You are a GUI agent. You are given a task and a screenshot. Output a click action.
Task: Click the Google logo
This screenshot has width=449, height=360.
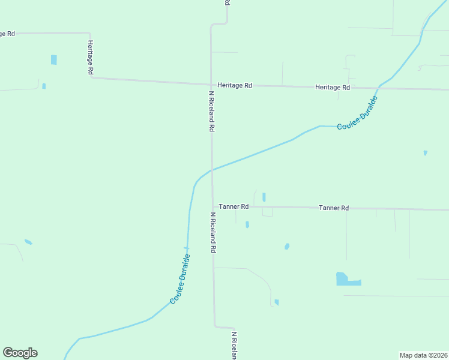click(20, 353)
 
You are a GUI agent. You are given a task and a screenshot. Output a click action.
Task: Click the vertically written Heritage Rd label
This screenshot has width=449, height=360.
click(91, 58)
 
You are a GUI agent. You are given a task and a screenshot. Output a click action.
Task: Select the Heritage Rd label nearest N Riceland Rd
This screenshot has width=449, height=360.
click(235, 86)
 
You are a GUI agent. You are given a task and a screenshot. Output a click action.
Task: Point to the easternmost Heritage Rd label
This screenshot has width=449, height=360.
click(333, 88)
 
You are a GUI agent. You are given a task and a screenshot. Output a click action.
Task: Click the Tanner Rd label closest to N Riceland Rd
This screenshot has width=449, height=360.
click(234, 206)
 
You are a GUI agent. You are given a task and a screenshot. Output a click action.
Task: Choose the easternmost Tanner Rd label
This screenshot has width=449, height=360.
click(334, 208)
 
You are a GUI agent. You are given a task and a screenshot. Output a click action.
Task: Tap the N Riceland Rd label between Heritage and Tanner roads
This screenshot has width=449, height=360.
click(212, 111)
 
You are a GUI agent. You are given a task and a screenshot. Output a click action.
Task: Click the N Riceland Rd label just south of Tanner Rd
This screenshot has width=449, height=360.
click(212, 232)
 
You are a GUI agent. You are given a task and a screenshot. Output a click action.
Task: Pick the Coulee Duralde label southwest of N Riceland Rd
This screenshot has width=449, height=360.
click(180, 278)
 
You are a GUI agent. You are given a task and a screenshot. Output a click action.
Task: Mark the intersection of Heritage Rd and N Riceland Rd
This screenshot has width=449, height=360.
click(211, 85)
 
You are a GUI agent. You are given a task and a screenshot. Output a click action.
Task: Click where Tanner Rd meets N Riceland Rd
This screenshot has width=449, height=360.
click(212, 206)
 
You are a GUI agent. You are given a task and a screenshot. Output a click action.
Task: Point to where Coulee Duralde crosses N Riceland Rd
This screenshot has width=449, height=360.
click(212, 170)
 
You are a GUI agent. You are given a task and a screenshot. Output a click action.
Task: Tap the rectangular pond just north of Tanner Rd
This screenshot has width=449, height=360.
click(264, 197)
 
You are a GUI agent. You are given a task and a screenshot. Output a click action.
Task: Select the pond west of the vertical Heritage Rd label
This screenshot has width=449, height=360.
click(54, 59)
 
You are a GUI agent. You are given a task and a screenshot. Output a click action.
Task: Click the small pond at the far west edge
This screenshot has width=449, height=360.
click(28, 242)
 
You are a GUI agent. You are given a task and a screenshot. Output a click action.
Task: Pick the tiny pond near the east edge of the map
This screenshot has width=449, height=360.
click(425, 153)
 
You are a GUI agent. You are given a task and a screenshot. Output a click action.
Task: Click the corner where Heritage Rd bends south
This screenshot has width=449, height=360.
click(89, 34)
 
